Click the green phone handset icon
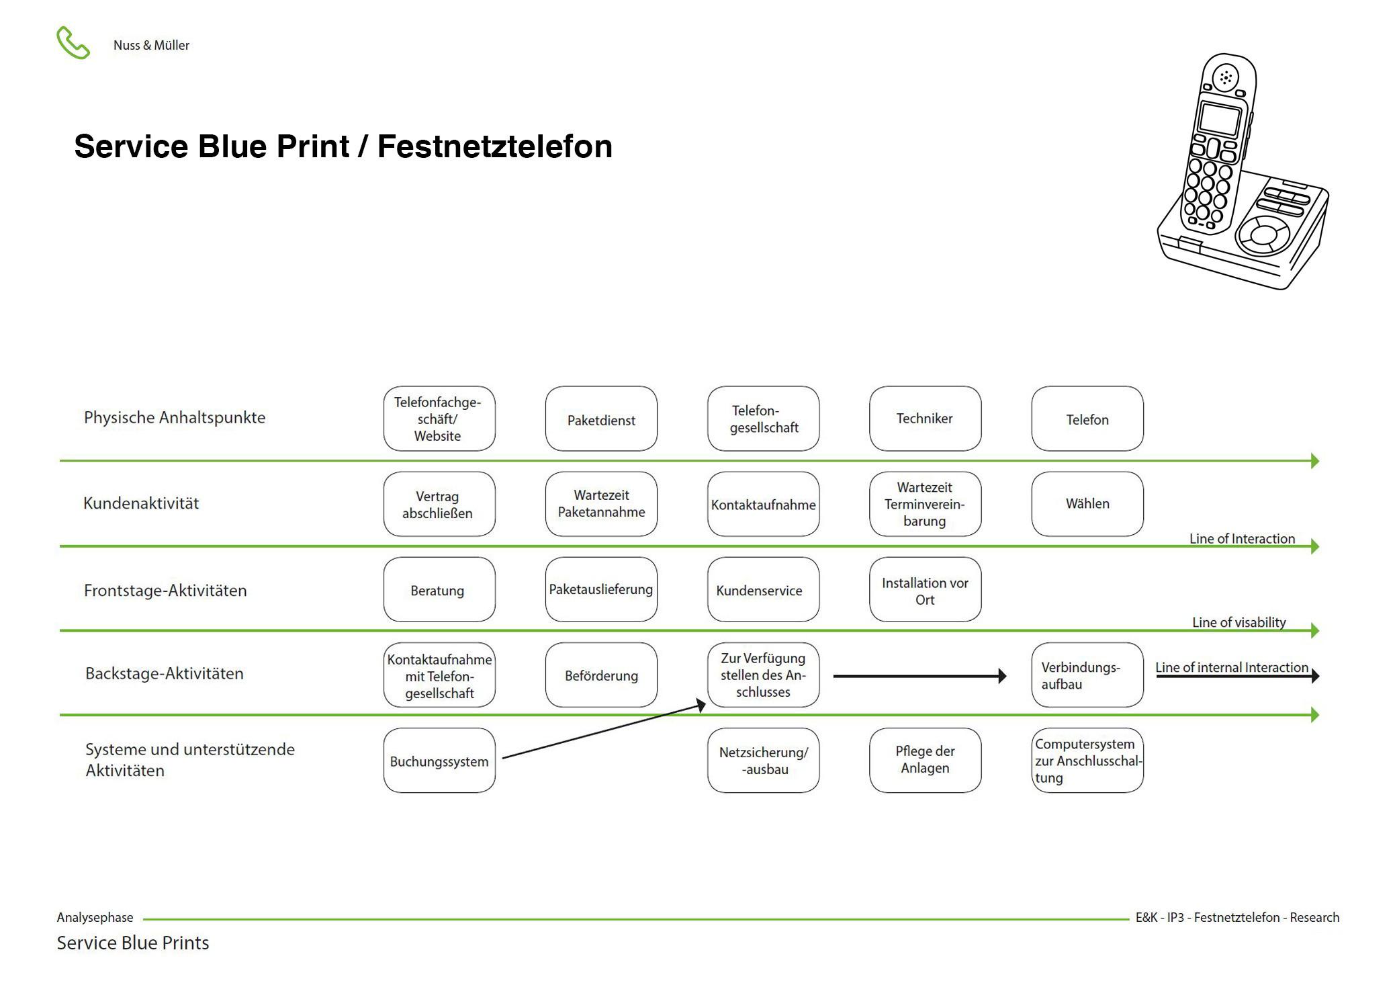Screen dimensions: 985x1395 coord(73,43)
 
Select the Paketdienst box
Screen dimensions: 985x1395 coord(601,419)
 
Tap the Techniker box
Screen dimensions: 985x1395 coord(925,419)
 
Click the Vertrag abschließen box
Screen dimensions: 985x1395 coord(439,504)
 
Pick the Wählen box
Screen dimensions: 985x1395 coord(1087,504)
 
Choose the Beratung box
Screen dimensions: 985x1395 coord(439,590)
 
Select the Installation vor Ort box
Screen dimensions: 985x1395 coord(925,590)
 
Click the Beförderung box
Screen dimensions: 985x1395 coord(601,675)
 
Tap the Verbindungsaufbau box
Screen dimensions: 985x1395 coord(1087,675)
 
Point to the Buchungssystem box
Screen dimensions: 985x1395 coord(439,761)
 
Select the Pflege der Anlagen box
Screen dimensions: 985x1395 coord(925,761)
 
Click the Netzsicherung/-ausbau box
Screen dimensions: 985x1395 coord(763,761)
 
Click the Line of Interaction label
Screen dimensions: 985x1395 coord(1242,538)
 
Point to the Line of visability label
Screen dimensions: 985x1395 coord(1239,622)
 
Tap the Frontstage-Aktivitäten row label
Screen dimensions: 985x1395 coord(165,591)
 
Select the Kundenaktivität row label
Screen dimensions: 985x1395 coord(141,503)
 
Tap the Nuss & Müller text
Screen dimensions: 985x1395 coord(151,45)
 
